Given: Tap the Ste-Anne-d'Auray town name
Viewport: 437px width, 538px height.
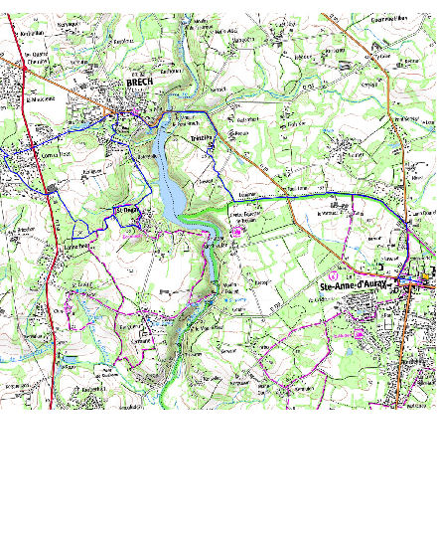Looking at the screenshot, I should click(354, 287).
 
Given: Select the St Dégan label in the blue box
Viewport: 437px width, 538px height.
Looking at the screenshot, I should click(128, 211).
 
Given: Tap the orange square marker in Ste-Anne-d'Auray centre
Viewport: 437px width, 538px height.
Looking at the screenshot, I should click(425, 275).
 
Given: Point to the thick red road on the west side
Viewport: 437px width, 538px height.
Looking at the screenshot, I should click(46, 249).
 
